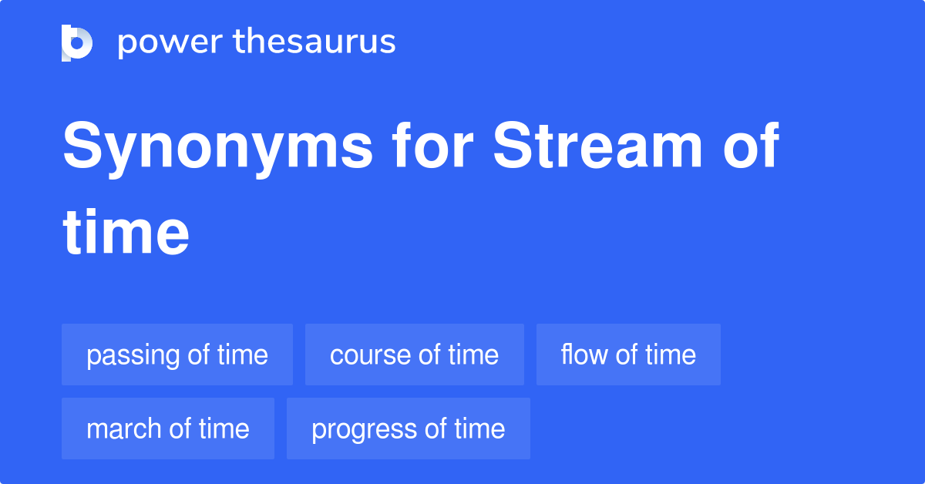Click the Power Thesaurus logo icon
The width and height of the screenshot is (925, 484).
tap(77, 42)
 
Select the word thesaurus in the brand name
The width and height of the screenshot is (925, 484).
tap(314, 42)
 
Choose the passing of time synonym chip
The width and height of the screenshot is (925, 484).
tap(177, 355)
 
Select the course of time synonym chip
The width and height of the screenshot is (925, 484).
tap(415, 355)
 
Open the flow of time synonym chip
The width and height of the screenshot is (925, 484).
tap(628, 355)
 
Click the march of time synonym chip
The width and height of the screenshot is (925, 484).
tap(168, 429)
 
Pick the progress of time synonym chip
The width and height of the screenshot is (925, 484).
tap(409, 429)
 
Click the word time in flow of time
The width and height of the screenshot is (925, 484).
tap(671, 355)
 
